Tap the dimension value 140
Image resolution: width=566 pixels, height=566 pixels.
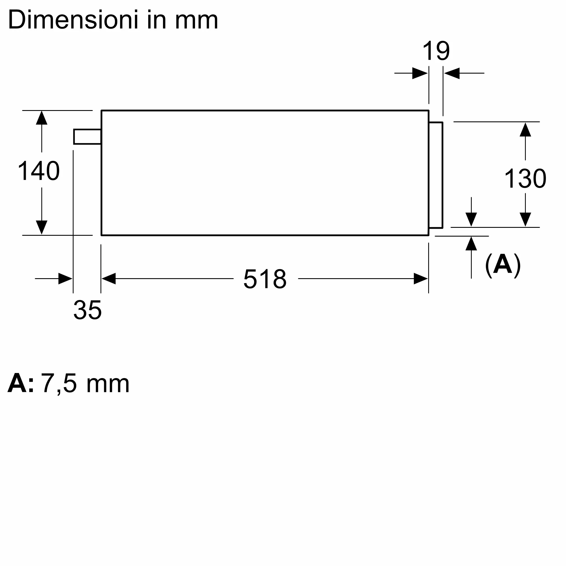39,171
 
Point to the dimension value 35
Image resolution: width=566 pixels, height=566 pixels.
87,310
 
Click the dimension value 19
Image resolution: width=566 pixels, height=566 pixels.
436,51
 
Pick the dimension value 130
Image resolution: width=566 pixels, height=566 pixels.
525,178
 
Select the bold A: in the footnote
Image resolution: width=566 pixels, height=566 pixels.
20,383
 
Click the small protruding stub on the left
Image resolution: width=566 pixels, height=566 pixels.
87,136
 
